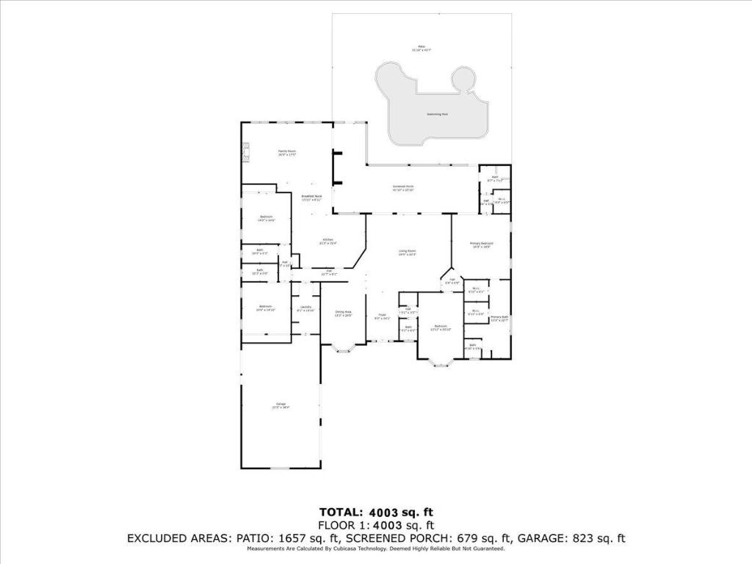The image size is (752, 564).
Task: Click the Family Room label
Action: (281, 152)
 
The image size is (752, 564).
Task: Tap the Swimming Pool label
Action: (438, 115)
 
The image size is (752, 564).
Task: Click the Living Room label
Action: (408, 253)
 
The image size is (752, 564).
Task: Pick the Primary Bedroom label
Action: (482, 245)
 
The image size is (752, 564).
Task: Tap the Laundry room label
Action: (305, 308)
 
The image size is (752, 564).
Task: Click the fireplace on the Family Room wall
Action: (246, 152)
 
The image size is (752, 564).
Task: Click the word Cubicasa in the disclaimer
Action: (330, 549)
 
